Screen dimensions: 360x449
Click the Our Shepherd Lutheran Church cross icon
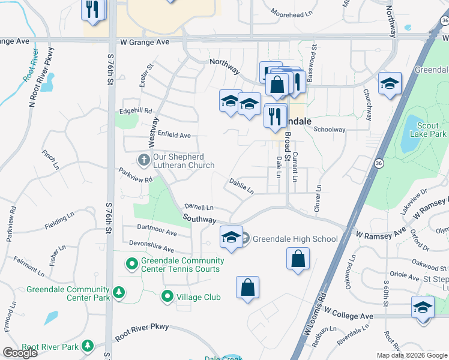[143, 160]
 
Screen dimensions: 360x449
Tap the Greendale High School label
[295, 239]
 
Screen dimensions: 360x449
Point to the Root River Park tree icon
[88, 346]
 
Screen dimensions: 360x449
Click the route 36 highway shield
[378, 163]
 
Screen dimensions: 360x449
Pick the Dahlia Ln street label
[241, 186]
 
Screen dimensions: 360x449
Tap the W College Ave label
[349, 315]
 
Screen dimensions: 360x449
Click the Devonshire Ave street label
[152, 246]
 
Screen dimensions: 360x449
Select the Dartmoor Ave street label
[157, 230]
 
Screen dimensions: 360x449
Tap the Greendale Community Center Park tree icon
[119, 292]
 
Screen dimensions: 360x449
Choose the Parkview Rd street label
[136, 175]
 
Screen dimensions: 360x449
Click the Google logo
[20, 353]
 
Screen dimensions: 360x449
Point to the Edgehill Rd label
[136, 110]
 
